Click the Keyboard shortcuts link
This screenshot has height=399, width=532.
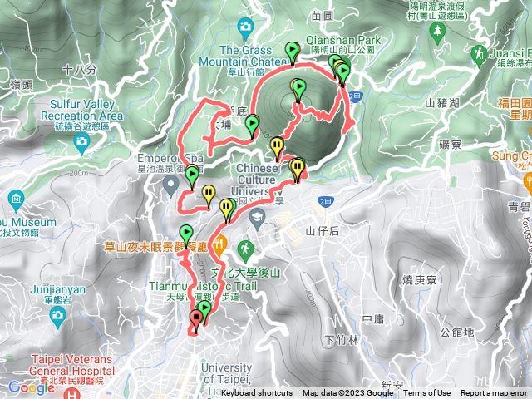[x=257, y=393]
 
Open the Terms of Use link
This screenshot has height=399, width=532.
[x=427, y=393]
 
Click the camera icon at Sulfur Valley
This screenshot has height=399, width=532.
[x=81, y=141]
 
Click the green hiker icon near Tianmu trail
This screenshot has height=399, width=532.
[x=245, y=248]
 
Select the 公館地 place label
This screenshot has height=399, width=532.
[x=457, y=332]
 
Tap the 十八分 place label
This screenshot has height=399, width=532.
[x=79, y=70]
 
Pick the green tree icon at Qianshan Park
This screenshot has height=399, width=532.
[x=438, y=33]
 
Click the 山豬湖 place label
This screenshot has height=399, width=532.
[x=441, y=103]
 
